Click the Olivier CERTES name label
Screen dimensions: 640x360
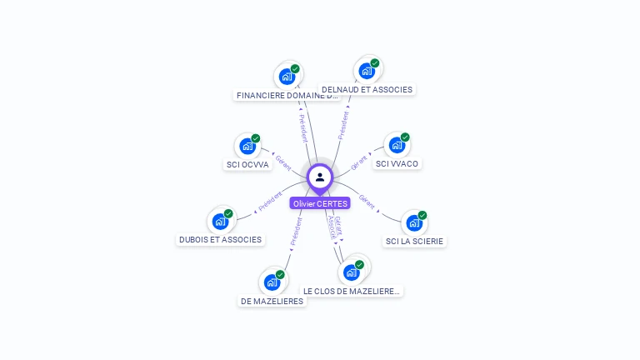(320, 203)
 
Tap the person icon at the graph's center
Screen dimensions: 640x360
(320, 177)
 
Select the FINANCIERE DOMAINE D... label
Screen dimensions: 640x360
(287, 95)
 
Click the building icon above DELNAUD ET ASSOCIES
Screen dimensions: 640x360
(367, 71)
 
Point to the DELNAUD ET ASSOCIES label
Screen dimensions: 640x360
(367, 89)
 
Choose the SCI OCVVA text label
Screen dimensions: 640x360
(247, 164)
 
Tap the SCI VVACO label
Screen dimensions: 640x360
(397, 163)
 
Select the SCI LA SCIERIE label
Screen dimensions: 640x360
(415, 241)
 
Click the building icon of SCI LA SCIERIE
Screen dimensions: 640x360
(414, 222)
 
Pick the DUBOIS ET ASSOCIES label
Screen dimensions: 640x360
(220, 239)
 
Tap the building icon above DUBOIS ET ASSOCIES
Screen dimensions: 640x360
(220, 221)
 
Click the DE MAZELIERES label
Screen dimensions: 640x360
(272, 301)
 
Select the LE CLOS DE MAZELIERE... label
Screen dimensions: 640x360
(352, 291)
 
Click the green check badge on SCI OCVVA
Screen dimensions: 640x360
(256, 138)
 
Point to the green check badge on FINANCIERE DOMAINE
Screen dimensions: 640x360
(295, 69)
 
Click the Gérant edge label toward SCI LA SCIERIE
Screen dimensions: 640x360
(367, 201)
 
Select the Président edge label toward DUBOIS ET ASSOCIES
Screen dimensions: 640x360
(270, 202)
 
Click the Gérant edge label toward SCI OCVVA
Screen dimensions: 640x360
(283, 162)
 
